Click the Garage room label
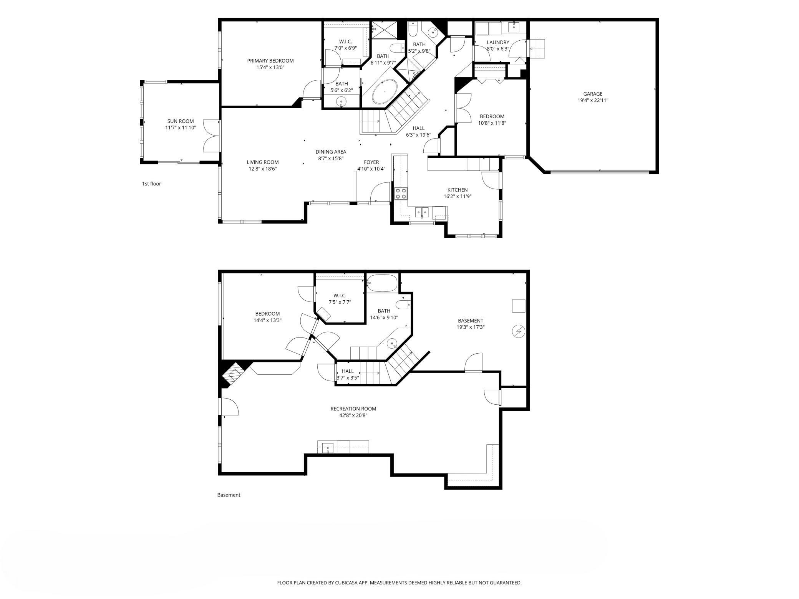593,94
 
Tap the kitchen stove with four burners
401,193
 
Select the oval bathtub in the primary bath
385,93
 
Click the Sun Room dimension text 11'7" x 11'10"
181,128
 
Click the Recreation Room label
353,409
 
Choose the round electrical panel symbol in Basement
519,331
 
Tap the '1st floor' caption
151,184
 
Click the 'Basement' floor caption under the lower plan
229,495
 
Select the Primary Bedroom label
270,61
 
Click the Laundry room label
498,42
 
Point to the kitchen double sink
422,212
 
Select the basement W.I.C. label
340,295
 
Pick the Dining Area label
331,152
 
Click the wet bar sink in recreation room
328,447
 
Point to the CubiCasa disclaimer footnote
399,583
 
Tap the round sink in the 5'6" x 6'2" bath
341,101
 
